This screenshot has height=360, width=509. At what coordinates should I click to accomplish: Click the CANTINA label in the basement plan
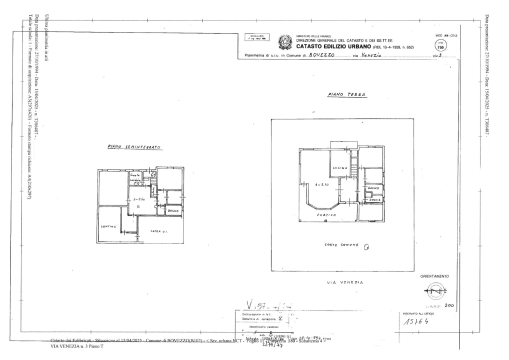pos(108,226)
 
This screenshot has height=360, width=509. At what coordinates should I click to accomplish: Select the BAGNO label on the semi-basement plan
pos(173,211)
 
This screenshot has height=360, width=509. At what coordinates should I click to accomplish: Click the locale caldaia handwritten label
pos(135,177)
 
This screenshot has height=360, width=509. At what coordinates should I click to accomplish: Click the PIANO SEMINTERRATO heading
pos(133,147)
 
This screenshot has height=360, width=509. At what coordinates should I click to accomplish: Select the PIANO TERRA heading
pos(346,94)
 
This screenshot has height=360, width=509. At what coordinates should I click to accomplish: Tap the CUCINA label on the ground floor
pos(340,168)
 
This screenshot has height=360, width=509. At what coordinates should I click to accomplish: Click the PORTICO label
pos(326,215)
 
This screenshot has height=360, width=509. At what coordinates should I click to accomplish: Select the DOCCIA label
pos(375,199)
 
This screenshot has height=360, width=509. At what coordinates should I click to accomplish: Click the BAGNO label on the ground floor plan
pos(373,188)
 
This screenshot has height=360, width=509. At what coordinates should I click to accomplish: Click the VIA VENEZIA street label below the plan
pos(345,282)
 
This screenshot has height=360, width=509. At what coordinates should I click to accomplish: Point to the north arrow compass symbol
pos(434,291)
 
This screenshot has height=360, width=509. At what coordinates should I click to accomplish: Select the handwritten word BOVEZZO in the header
pos(321,55)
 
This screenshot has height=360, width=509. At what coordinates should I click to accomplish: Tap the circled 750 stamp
pos(440,44)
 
